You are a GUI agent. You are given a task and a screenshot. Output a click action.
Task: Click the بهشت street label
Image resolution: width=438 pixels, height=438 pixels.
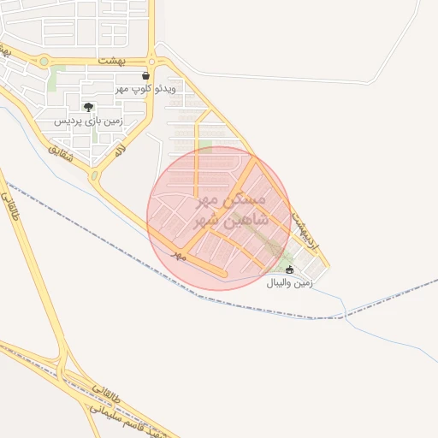(111, 62)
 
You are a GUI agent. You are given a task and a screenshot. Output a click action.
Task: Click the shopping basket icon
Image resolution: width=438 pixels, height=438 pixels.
(146, 76)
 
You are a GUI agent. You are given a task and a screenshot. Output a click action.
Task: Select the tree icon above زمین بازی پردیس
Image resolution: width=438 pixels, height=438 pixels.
(88, 108)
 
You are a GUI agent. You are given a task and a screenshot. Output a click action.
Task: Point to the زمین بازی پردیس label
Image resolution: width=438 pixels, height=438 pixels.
(89, 121)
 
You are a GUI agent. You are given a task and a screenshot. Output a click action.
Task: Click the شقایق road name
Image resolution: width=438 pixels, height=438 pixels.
(62, 154)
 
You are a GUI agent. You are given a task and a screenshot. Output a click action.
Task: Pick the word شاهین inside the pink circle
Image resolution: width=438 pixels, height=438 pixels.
(250, 219)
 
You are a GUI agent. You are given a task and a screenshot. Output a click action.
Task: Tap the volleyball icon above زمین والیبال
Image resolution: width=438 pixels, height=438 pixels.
(289, 269)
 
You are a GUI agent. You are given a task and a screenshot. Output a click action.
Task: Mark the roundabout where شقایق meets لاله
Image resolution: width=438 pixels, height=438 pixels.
(95, 176)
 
